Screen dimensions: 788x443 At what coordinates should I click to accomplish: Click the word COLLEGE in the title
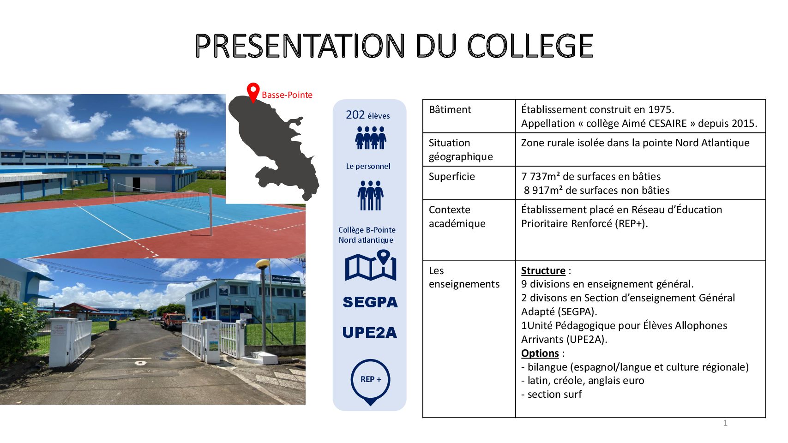coord(530,46)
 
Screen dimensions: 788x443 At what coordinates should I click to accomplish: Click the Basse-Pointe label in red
coord(287,95)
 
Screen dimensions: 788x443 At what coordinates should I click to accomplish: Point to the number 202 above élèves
coord(355,114)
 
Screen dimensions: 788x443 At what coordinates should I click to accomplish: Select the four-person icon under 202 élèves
coord(370,138)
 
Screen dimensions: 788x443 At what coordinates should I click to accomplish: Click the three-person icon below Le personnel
coord(370,196)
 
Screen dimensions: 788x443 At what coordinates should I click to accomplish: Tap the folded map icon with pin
coord(371,265)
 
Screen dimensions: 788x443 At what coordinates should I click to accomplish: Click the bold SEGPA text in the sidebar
coord(370,302)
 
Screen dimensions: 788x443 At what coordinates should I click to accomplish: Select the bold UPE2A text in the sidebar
coord(370,333)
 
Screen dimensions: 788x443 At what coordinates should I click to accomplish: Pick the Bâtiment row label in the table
coord(450,110)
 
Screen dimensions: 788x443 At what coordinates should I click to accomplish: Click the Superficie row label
coord(451,177)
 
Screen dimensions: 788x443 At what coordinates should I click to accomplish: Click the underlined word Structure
coord(543,271)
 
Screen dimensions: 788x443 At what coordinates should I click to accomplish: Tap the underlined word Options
coord(540,353)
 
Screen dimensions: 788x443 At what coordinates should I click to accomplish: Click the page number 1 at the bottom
coord(725,423)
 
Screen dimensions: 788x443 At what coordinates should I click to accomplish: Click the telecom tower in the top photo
coord(180,148)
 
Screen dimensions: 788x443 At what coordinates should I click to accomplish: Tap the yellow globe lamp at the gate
coord(263,263)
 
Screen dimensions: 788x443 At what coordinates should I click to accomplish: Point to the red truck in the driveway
coord(174,321)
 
